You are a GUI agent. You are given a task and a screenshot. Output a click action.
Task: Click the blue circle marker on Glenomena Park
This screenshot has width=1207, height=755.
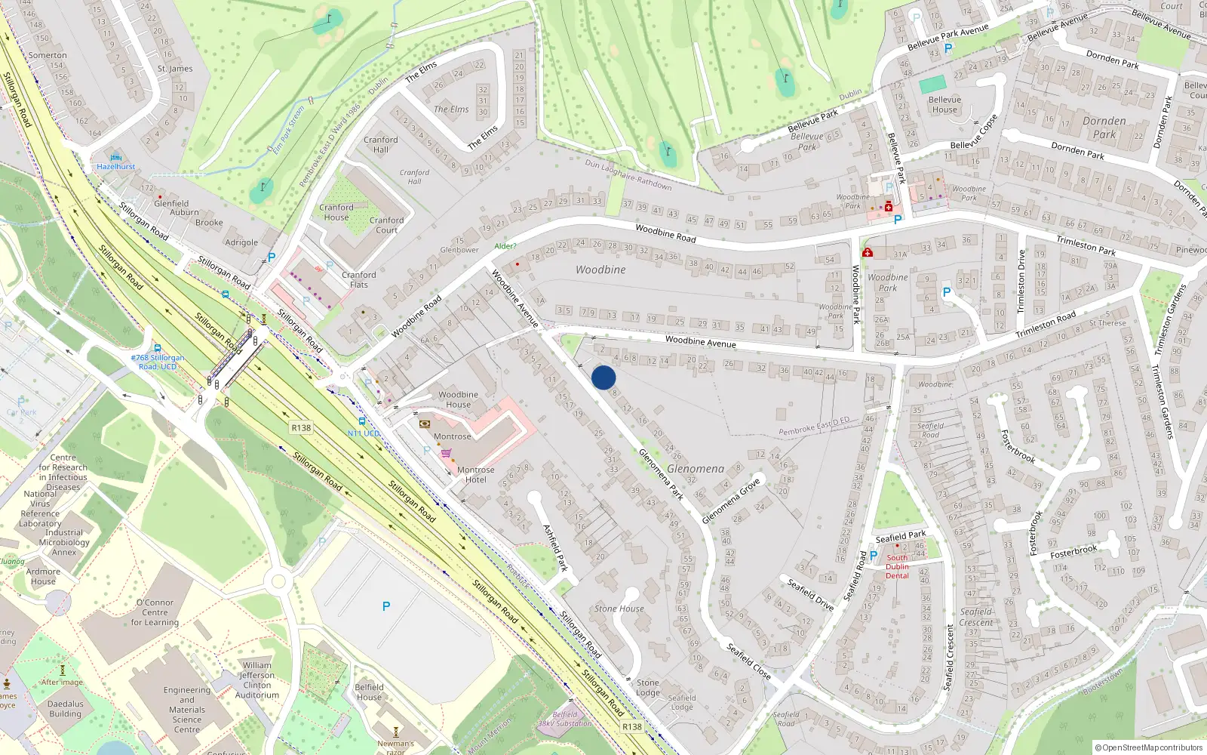(x=603, y=377)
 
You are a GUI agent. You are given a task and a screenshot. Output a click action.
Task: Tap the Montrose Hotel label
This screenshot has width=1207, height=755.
(x=475, y=474)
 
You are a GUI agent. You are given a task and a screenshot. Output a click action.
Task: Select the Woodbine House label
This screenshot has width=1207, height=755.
(x=458, y=399)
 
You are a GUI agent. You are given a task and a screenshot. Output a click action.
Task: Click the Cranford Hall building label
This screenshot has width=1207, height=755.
(x=380, y=144)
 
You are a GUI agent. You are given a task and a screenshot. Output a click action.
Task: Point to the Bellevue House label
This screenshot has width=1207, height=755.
(x=944, y=104)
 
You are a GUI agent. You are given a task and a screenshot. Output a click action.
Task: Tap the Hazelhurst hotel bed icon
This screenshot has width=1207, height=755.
(x=115, y=156)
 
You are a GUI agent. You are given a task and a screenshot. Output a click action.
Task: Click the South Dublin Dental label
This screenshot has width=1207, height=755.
(x=897, y=566)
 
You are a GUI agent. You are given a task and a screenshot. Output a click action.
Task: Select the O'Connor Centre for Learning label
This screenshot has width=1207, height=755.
(x=155, y=612)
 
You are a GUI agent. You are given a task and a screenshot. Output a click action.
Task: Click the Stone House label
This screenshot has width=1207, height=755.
(x=619, y=609)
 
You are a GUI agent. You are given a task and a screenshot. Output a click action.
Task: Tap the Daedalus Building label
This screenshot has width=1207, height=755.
(x=66, y=709)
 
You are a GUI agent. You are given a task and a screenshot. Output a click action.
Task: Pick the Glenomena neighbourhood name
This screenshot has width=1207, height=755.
(x=695, y=469)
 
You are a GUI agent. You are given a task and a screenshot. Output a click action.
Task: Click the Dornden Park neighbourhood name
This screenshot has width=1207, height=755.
(x=1104, y=128)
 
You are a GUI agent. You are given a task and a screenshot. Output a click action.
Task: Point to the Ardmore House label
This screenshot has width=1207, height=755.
(x=43, y=576)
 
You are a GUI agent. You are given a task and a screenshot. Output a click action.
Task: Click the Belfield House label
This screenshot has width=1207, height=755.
(x=369, y=692)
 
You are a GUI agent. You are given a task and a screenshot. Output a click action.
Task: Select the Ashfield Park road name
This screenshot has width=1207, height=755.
(x=555, y=547)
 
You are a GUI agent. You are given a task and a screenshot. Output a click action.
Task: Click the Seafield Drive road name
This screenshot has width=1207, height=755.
(x=810, y=594)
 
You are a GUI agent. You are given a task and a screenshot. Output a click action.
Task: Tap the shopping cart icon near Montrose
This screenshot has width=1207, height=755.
(x=447, y=454)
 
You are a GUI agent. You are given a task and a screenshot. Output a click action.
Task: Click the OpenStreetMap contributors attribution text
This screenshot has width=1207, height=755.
(x=1149, y=747)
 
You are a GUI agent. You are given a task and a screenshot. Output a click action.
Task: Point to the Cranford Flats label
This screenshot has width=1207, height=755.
(x=358, y=279)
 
